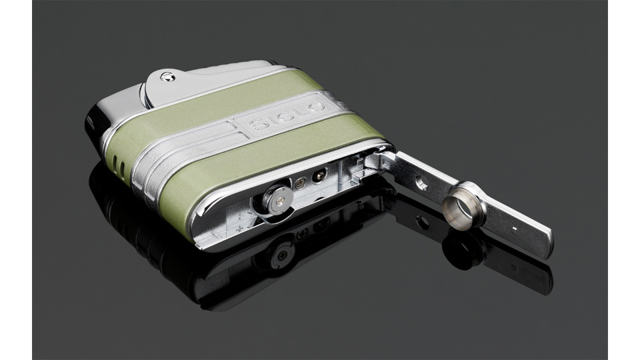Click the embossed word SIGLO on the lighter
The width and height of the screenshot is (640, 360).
pos(287,115)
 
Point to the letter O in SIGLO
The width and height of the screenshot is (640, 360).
pos(318,107)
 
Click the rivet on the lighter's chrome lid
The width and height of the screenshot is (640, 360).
pos(168,76)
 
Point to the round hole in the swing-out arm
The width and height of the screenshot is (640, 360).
pos(422,185)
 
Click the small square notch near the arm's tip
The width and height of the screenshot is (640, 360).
pos(514,229)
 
